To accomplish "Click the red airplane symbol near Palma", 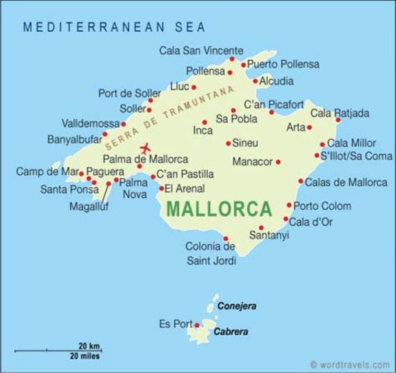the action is coord(145,148).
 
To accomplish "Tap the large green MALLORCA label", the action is coord(219,209).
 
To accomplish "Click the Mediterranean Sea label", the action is coord(114,27).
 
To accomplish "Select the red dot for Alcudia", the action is coord(255,81).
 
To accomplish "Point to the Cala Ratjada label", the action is coord(339,113).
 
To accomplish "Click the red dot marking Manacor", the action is coord(278,162).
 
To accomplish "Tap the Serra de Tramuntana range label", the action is coord(170,117).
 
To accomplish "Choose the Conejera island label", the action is coord(237,306).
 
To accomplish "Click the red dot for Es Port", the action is coord(197,325).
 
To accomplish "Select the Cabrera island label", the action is coord(232,332).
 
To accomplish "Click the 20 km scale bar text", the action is coord(88,346).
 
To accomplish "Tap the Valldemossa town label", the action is coord(89,124).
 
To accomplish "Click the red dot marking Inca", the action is coord(205,122).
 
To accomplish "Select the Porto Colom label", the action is coord(322,206).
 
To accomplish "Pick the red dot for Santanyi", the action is coord(261,228).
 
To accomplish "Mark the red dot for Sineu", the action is coord(228,143).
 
